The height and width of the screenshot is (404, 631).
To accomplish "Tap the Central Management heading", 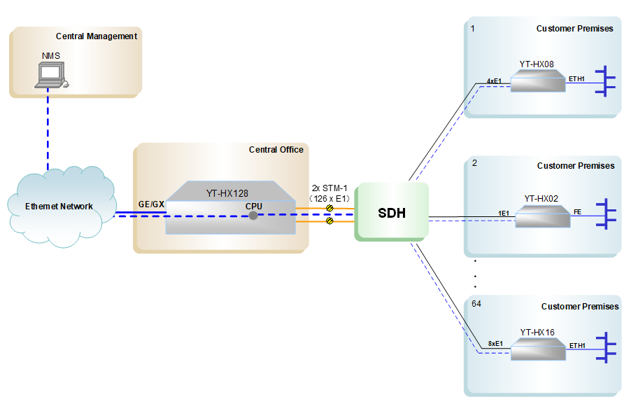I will click(97, 36).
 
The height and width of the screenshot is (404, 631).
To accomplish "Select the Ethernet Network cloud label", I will click(59, 206).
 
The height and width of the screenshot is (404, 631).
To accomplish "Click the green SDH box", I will click(392, 212).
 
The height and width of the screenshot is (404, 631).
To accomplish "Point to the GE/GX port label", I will click(151, 204).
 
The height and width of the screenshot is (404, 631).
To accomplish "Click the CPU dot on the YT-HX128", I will click(253, 215).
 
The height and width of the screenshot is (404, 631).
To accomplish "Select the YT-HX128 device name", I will click(227, 193).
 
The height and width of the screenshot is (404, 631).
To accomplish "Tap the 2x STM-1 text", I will click(329, 188).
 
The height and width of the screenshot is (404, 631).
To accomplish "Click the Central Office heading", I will click(276, 149).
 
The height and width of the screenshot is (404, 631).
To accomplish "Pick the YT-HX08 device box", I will click(537, 83).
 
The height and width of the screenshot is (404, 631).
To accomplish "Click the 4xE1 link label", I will click(494, 81).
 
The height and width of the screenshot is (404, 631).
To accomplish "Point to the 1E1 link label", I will click(503, 212).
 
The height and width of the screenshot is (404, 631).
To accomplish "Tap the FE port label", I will click(577, 212).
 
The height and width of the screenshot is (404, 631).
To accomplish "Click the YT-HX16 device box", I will click(537, 350).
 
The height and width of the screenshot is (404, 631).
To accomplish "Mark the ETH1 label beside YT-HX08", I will click(576, 79).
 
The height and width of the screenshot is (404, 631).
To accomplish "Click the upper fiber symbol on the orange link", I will click(329, 207).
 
